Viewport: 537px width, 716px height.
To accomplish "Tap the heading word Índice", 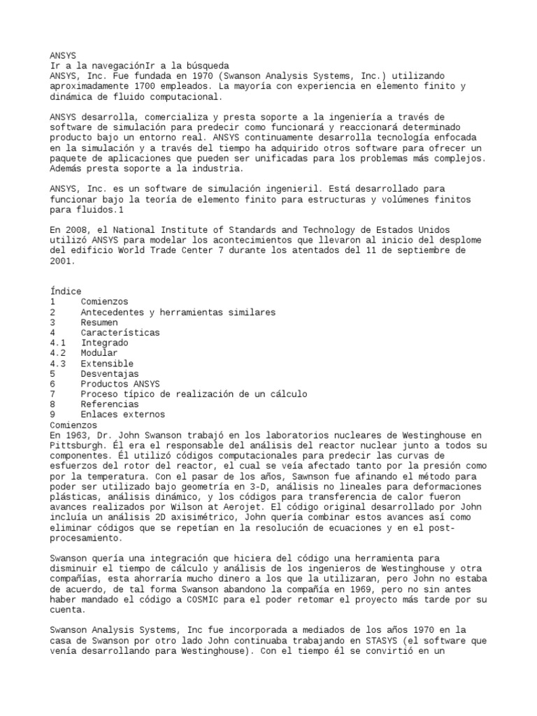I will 66,292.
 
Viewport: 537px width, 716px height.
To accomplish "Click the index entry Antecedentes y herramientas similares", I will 178,312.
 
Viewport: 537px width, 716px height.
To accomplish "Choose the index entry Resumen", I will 99,322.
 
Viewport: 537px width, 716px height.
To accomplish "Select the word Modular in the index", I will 99,353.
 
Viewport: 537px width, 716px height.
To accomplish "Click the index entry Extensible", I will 106,364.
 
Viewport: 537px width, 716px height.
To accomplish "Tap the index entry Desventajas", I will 109,374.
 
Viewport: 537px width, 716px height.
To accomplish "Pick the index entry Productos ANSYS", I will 120,384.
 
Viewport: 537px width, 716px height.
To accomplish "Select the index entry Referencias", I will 109,404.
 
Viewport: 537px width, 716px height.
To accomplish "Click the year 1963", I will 76,436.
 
